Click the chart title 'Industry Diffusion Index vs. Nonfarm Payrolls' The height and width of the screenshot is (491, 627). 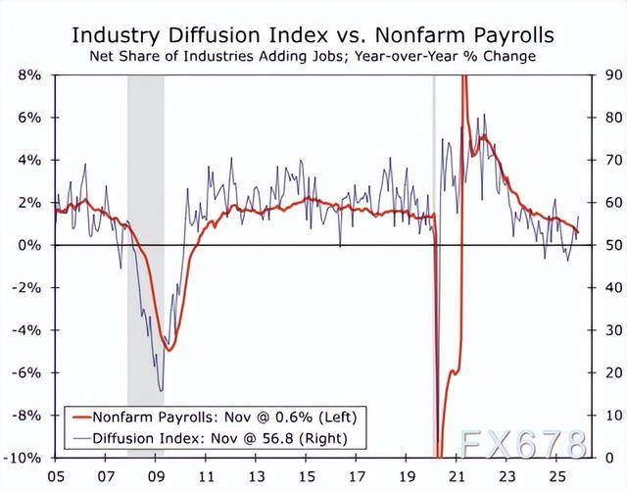pyautogui.click(x=313, y=36)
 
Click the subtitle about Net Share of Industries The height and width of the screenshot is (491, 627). pyautogui.click(x=313, y=57)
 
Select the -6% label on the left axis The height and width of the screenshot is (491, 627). pyautogui.click(x=27, y=372)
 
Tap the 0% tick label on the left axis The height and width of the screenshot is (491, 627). pyautogui.click(x=30, y=245)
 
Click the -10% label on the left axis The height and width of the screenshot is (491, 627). pyautogui.click(x=24, y=458)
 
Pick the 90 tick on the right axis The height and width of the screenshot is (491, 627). pyautogui.click(x=610, y=74)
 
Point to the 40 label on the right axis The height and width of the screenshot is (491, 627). pyautogui.click(x=610, y=287)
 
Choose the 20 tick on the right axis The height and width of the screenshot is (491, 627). pyautogui.click(x=610, y=372)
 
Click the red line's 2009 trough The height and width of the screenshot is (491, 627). pyautogui.click(x=169, y=350)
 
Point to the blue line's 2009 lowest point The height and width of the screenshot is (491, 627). pyautogui.click(x=161, y=390)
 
